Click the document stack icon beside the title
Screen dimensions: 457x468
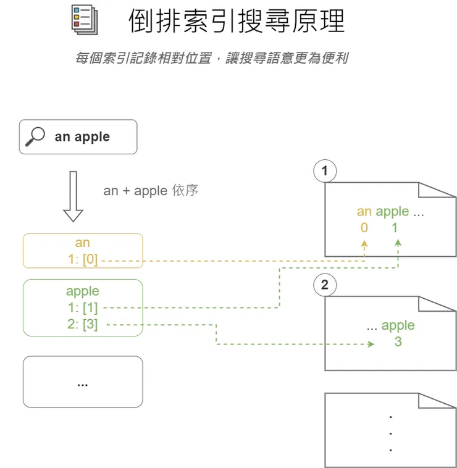click(85, 19)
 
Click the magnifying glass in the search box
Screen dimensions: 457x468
click(35, 136)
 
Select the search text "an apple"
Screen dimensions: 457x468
click(82, 137)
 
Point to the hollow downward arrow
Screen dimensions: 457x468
click(73, 196)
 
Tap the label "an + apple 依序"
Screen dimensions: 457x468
click(151, 190)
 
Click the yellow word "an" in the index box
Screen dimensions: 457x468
click(82, 243)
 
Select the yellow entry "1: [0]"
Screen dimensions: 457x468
click(83, 259)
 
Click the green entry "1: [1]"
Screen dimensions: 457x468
click(83, 307)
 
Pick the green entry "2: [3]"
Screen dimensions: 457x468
click(83, 324)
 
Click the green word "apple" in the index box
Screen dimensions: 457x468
click(83, 291)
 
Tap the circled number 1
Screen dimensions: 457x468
click(325, 171)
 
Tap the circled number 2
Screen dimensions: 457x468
click(325, 285)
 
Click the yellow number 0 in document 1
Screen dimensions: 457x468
click(364, 228)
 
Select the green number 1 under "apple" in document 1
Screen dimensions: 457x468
click(395, 228)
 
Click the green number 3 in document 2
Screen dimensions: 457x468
click(398, 341)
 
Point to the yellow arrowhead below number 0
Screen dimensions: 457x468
click(364, 243)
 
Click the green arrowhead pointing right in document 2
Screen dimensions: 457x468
click(371, 344)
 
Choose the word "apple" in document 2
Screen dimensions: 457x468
click(398, 325)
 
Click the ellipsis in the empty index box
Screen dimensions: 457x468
click(82, 385)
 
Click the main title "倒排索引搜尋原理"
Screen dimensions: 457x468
click(237, 20)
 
